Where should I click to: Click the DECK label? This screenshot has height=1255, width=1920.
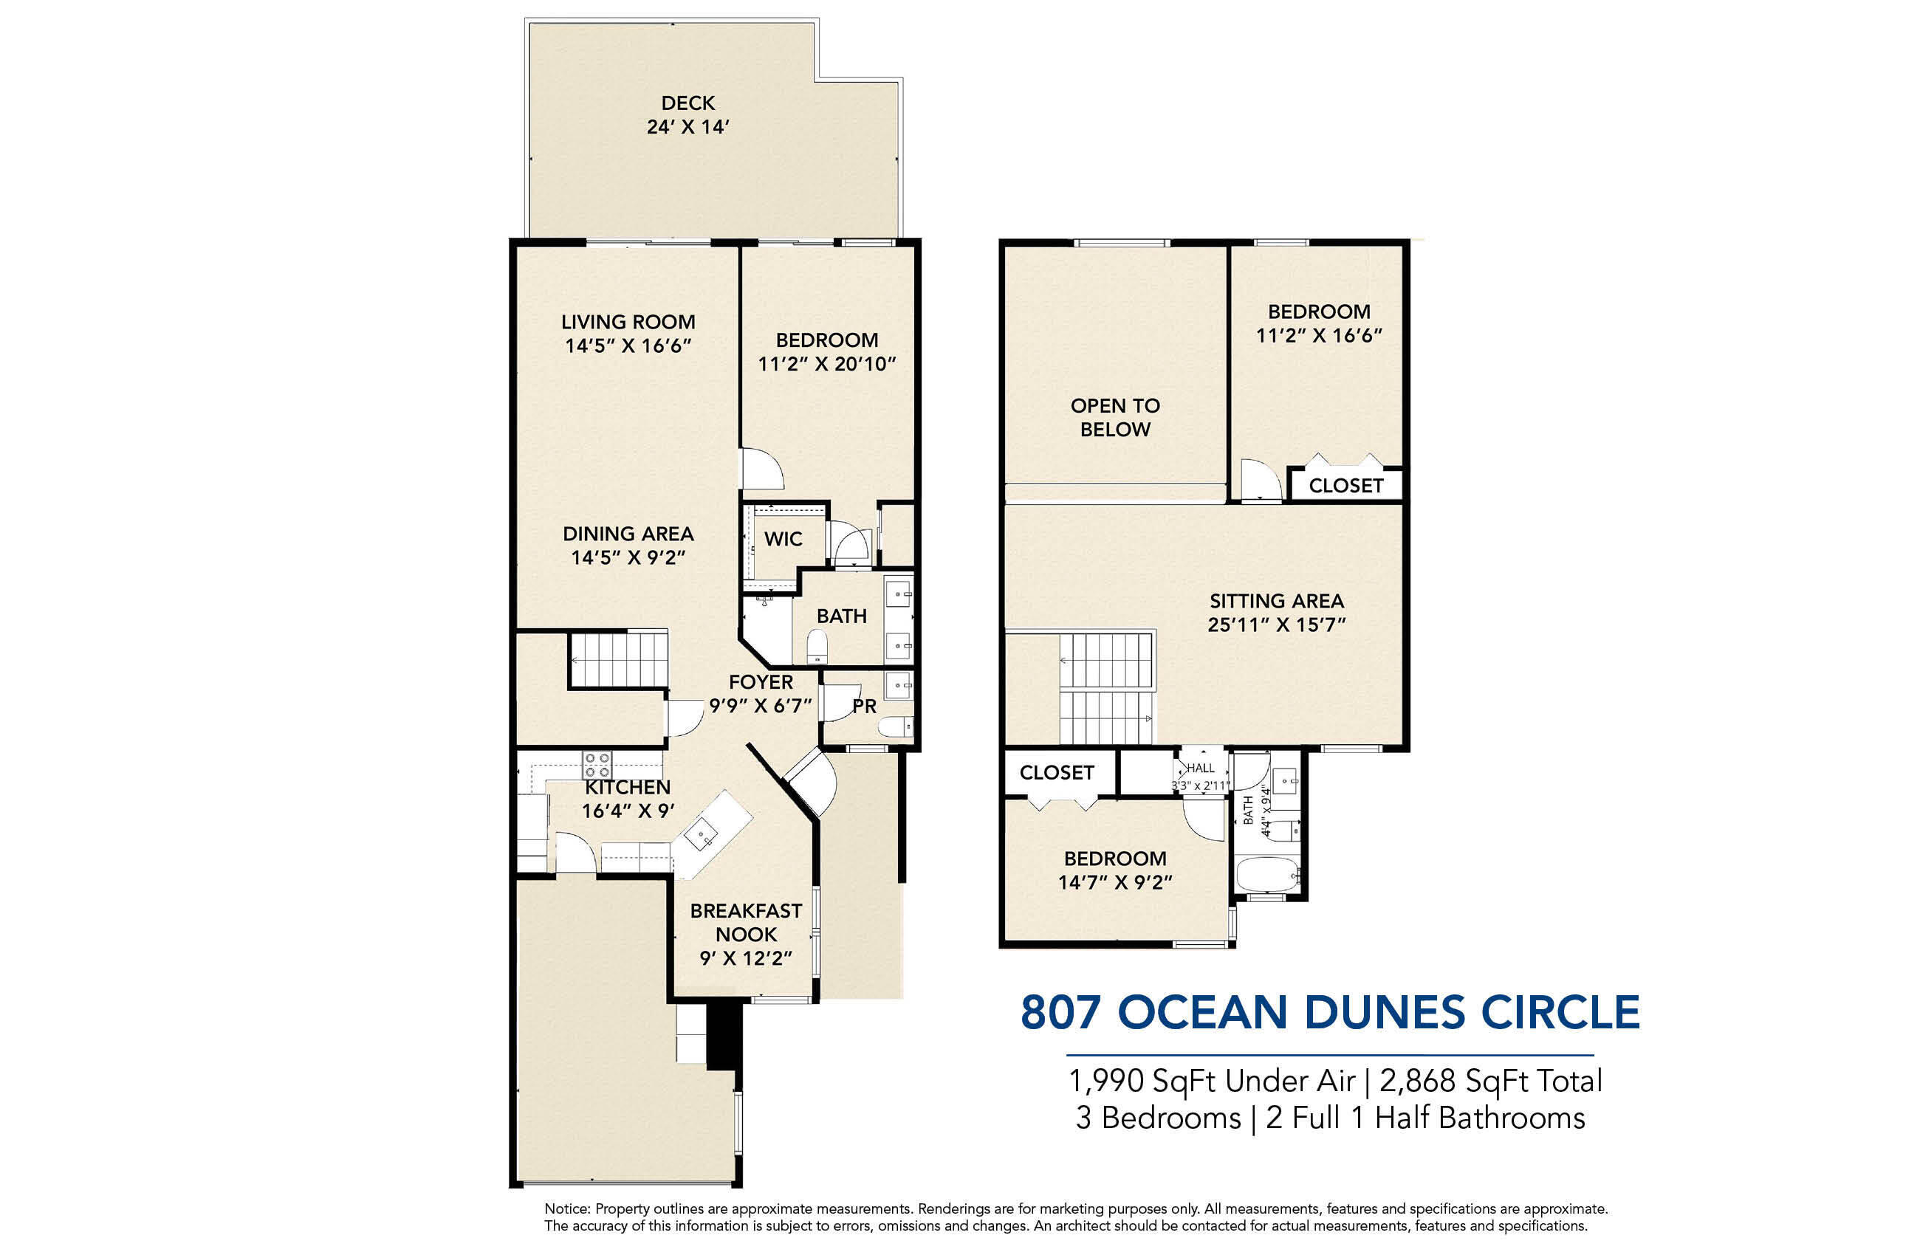(688, 103)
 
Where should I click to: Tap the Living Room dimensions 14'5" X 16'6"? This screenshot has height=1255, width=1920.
(628, 346)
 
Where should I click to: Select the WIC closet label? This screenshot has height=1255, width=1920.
(783, 539)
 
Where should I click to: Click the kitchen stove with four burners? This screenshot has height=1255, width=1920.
(597, 765)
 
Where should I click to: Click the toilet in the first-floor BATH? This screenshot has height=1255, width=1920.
(817, 646)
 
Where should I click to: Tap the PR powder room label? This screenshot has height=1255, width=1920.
(864, 706)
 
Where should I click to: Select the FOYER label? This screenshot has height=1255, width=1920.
(760, 682)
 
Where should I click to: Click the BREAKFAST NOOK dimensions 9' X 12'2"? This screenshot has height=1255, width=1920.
(745, 958)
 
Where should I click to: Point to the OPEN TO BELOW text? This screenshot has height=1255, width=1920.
(1115, 417)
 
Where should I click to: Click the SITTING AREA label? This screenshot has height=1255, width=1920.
(1276, 601)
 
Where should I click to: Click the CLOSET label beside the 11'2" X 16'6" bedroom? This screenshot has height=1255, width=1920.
(1345, 486)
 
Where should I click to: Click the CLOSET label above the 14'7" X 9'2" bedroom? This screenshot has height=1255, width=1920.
(1056, 773)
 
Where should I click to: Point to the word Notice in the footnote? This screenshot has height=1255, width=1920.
(567, 1208)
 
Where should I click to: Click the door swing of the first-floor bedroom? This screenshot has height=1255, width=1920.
(762, 470)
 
